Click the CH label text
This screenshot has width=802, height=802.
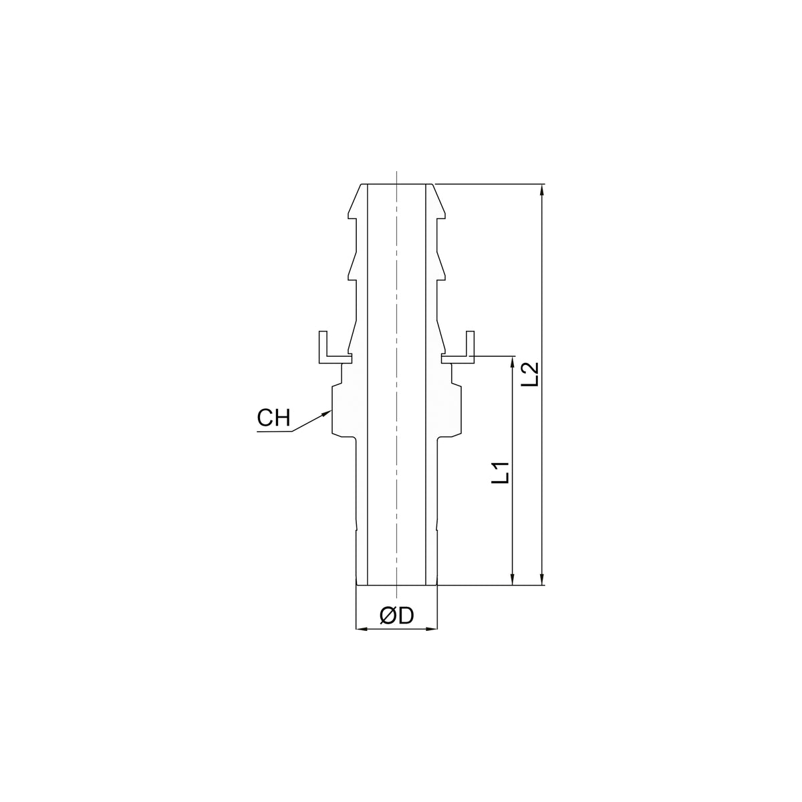273,418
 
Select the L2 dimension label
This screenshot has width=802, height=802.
530,374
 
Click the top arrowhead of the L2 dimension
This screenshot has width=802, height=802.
541,190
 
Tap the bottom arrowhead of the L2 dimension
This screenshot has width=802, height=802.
541,579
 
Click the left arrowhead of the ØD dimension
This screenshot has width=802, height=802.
363,641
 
